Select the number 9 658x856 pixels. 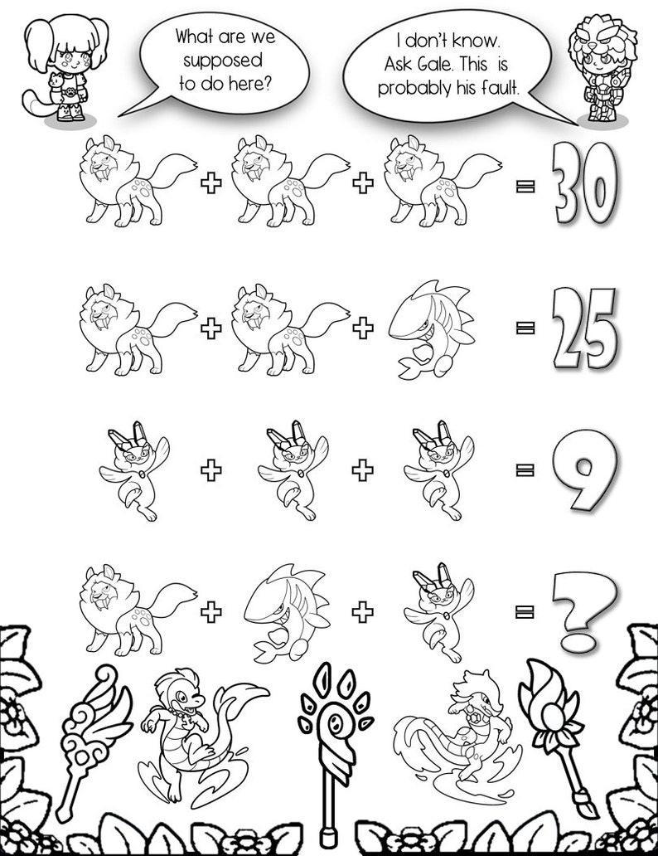(585, 469)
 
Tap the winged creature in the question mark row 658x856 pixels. (432, 611)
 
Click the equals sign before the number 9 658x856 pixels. (524, 470)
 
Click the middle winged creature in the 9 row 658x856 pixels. (286, 470)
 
